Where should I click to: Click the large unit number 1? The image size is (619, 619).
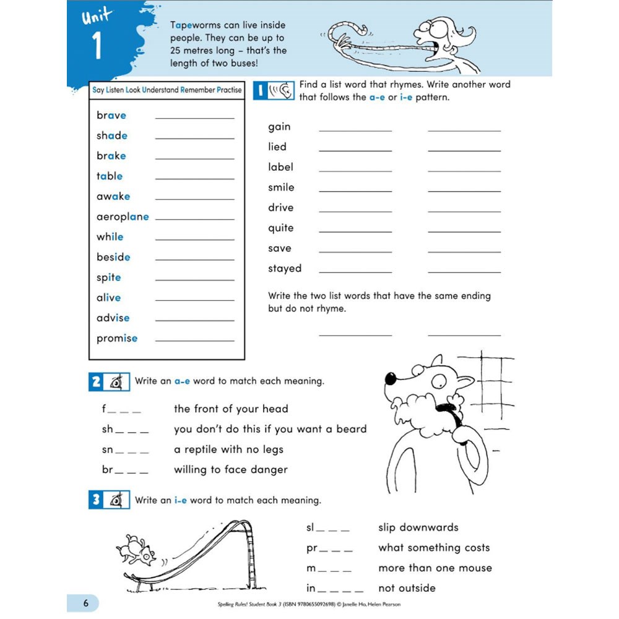coord(97,47)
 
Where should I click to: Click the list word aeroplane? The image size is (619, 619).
coord(123,217)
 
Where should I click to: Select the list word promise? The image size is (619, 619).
coord(117,339)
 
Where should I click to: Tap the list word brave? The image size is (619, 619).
coord(111,116)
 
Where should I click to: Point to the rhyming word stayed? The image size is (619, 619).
coord(285,269)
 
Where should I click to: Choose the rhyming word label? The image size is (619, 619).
coord(280,167)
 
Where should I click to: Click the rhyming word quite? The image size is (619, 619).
coord(280,228)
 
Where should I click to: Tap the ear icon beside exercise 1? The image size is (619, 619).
coord(282,91)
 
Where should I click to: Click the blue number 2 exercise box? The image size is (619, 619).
coord(96,382)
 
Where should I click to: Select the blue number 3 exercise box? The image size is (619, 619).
coord(96,500)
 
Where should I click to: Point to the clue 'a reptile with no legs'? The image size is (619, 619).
coord(228,449)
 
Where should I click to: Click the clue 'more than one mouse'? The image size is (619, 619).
coord(435,568)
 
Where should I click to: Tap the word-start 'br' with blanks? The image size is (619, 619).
coord(125,470)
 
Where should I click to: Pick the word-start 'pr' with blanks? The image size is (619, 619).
coord(329,548)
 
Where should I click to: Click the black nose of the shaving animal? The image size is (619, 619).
coord(390,378)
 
